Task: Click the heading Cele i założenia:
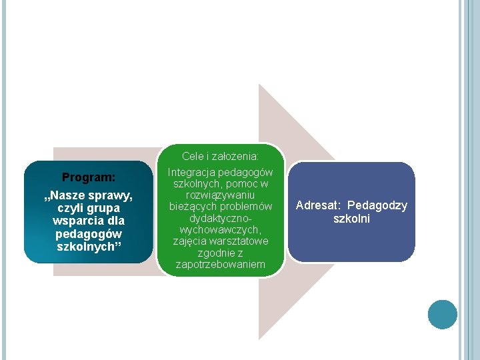click(220, 157)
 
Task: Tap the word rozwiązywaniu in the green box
click(220, 195)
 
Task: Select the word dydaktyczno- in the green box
click(220, 218)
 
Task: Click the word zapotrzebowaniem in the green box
click(220, 265)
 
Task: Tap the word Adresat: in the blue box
click(318, 205)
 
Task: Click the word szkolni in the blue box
click(351, 218)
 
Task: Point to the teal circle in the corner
click(442, 314)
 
